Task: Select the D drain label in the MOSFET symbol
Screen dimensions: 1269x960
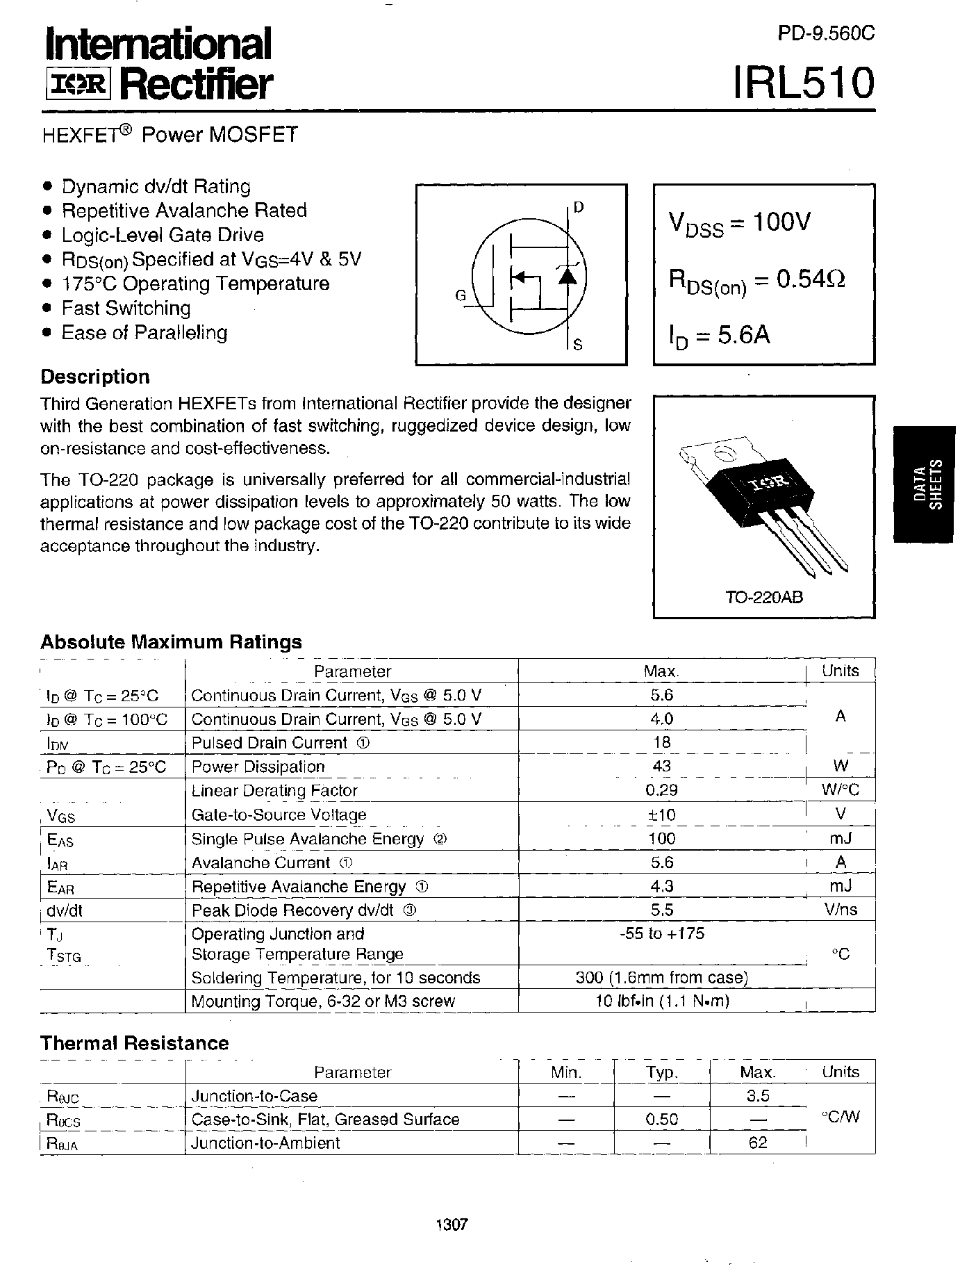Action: [x=579, y=208]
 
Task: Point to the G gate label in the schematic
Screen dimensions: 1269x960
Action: [x=461, y=295]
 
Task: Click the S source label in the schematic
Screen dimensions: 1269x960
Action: [x=578, y=343]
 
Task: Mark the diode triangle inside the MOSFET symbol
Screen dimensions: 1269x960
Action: [x=568, y=276]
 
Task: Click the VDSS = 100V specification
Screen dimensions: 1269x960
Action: [x=739, y=224]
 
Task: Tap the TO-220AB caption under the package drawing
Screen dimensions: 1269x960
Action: [x=764, y=597]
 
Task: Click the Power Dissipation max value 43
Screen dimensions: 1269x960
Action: [x=661, y=766]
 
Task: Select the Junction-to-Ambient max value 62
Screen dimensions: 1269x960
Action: [x=757, y=1143]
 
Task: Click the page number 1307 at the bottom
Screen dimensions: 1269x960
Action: [x=452, y=1225]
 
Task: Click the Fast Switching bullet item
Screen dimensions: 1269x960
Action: [x=126, y=308]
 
